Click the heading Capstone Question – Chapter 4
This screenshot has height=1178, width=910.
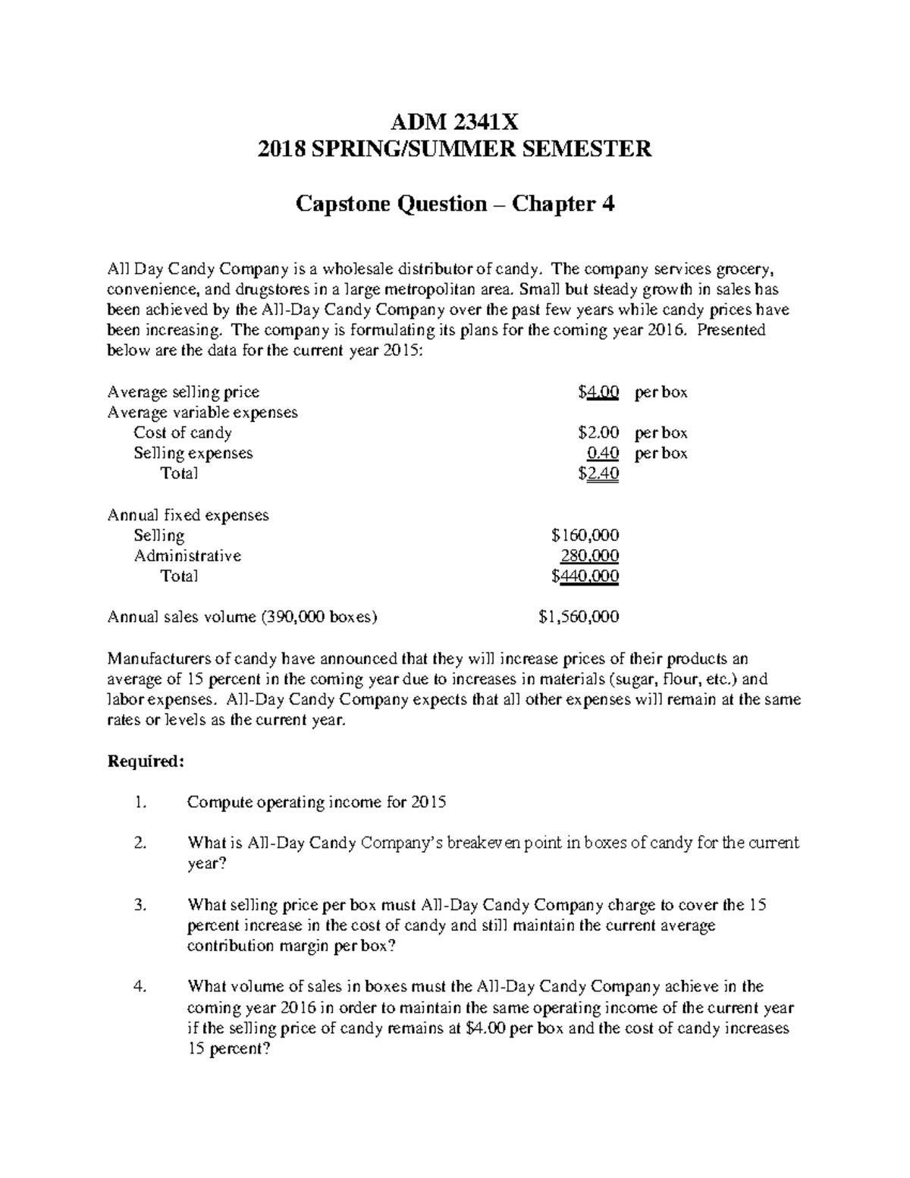point(454,203)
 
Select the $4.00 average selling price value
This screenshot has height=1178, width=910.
point(598,392)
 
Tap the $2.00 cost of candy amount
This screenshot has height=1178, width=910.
point(598,433)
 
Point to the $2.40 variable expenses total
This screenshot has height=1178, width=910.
point(598,474)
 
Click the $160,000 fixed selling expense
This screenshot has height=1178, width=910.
point(585,536)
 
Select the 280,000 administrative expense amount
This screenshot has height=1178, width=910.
point(589,556)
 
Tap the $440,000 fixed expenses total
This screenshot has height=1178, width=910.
point(585,576)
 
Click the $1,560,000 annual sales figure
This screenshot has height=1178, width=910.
point(579,617)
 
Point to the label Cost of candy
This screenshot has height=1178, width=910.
point(182,433)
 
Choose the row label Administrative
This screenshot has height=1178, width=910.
point(187,556)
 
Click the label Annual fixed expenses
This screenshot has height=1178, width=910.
point(188,515)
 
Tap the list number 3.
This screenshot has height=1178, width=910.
point(138,905)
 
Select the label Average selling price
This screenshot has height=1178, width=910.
point(184,392)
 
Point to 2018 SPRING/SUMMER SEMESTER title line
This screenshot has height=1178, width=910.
point(454,149)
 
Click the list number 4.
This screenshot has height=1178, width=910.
point(138,987)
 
